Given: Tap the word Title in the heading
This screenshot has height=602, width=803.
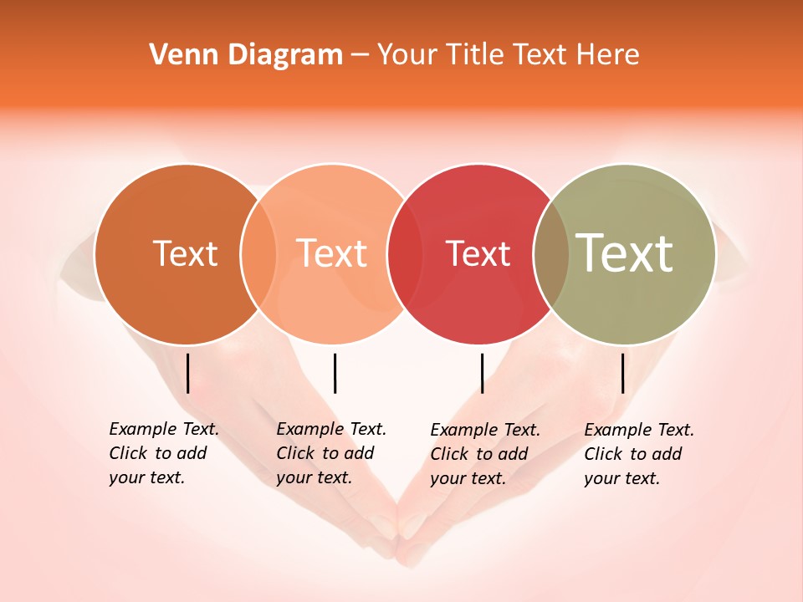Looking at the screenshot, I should coord(474,55).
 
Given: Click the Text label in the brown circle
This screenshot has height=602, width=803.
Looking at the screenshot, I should coord(185,253).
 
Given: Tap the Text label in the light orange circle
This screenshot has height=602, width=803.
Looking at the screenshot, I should coord(332,253).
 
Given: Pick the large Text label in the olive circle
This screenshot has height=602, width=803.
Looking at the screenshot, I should coord(625,253).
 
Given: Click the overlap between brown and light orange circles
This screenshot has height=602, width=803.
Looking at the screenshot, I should coord(258,254).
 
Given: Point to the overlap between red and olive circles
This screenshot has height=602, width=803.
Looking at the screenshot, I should coord(551,254).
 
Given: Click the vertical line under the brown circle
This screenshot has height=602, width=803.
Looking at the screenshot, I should coord(188,373).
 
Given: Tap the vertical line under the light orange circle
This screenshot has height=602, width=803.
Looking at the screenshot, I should coord(335,373).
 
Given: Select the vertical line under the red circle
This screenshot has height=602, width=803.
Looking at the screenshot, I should coord(482,373).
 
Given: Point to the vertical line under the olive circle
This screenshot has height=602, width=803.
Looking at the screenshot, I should coord(622,373).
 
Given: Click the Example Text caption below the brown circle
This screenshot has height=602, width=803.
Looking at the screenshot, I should coord(163,453).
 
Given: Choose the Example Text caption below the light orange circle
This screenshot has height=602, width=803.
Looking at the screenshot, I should coord(330,453).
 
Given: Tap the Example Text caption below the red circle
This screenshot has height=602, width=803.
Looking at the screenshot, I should coord(484,454).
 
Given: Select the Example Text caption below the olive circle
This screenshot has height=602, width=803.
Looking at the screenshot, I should coord(638,454).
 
